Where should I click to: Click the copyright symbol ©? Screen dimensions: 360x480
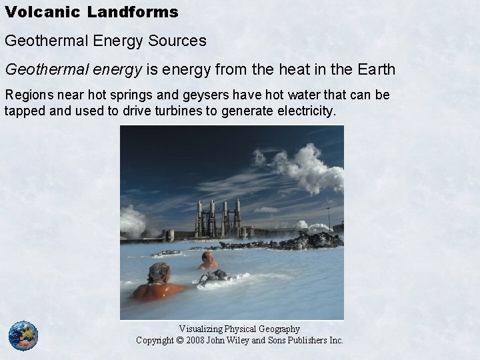tap(177, 340)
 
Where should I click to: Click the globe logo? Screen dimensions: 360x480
tap(23, 336)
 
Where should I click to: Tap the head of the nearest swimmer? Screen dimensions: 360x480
tap(159, 271)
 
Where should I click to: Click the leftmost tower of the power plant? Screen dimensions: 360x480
tap(198, 219)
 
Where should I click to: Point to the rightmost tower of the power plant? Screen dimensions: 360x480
tap(237, 217)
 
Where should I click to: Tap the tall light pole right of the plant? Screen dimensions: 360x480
tap(328, 217)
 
